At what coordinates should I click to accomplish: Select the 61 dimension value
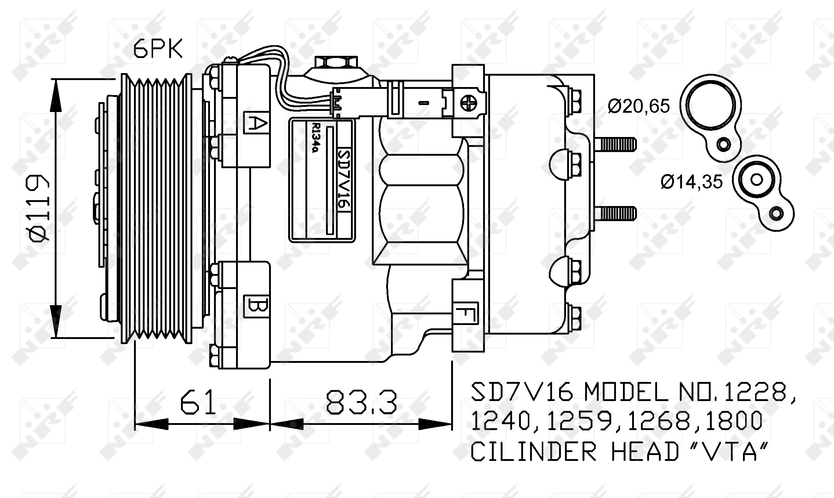pyautogui.click(x=199, y=402)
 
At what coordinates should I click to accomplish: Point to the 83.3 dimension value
pyautogui.click(x=361, y=402)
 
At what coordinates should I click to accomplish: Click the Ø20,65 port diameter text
pyautogui.click(x=639, y=106)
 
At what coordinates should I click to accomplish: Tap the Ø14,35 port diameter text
pyautogui.click(x=692, y=182)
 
